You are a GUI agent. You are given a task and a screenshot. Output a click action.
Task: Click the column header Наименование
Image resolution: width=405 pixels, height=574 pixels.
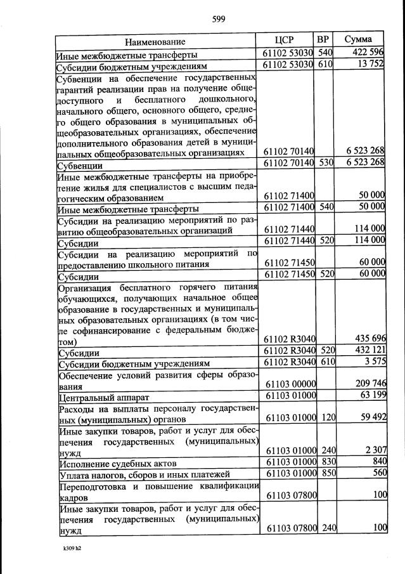coord(155,42)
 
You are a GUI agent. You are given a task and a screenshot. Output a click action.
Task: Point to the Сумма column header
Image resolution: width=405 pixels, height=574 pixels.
coord(358,39)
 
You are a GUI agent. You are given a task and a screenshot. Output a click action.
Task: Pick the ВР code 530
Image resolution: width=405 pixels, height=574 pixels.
coord(325,162)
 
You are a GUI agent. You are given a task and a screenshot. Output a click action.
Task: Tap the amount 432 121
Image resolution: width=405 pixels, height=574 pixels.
coord(366,351)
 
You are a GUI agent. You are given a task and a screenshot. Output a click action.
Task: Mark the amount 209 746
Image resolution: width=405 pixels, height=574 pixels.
coord(366,384)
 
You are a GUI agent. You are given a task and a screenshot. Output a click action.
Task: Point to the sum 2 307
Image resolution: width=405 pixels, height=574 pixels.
coord(372,450)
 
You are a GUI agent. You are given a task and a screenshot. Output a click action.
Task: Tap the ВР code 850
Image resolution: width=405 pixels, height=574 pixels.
coord(325,474)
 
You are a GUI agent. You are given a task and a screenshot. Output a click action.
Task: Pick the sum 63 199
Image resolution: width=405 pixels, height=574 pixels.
coord(369,397)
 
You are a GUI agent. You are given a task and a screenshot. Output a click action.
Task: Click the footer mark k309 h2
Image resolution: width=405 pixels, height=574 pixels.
coord(63,546)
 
